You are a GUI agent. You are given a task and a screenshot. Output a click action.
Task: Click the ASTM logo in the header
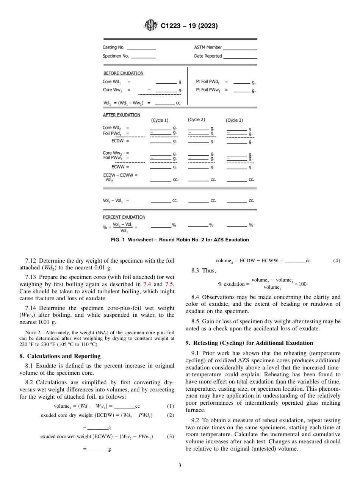point(152,26)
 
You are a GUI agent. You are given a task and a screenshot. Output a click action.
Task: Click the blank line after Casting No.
point(141,49)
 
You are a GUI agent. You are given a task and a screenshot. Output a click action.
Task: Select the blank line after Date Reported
point(239,57)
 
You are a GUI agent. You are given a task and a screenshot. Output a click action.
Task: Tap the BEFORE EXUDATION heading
point(123,73)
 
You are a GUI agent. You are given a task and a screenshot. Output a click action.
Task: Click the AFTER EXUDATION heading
point(121,115)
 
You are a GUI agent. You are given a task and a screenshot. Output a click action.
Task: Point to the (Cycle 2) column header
point(196,120)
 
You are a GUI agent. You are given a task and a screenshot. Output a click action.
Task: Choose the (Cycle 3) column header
point(234,120)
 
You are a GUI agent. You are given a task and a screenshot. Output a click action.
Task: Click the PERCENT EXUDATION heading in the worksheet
point(124,217)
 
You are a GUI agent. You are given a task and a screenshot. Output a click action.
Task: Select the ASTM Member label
point(208,47)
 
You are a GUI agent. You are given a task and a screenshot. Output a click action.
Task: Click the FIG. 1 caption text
point(180,240)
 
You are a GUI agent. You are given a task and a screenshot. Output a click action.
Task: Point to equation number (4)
point(337,261)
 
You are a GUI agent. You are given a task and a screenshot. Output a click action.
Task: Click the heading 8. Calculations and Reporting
point(60,356)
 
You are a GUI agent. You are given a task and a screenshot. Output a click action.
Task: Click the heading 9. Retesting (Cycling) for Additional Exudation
point(249,343)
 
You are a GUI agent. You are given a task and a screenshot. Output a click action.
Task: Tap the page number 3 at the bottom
point(180,466)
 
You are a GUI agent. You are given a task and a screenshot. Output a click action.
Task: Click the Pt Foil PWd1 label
point(208,81)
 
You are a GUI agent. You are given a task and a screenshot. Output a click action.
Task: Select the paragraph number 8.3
point(199,270)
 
